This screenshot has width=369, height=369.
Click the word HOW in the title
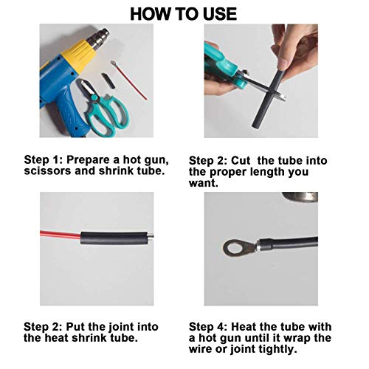[x=150, y=13]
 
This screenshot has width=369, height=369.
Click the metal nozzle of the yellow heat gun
[x=100, y=36]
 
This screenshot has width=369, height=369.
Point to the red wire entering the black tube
[x=66, y=236]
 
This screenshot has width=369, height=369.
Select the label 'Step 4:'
[x=210, y=326]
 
